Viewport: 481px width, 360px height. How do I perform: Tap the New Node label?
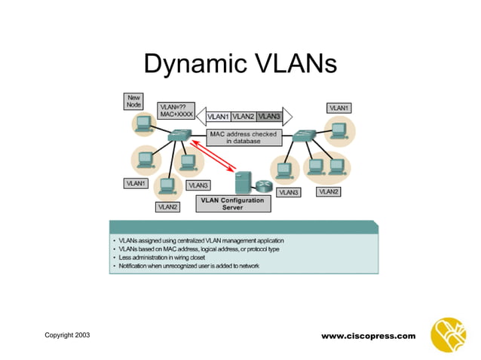coord(133,102)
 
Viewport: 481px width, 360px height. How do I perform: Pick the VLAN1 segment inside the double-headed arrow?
coord(218,117)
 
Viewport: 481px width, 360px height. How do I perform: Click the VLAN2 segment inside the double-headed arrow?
coord(243,117)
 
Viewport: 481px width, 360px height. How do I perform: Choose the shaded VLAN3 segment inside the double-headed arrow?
coord(268,117)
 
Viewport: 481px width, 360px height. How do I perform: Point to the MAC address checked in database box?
coord(243,137)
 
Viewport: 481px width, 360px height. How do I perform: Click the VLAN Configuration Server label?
coord(232,204)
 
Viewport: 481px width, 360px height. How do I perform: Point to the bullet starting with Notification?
coord(184,267)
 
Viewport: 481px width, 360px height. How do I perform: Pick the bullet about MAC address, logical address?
coord(196,249)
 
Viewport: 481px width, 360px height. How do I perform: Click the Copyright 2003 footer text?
coord(66,334)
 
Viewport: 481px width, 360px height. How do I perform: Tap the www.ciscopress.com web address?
coord(368,336)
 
